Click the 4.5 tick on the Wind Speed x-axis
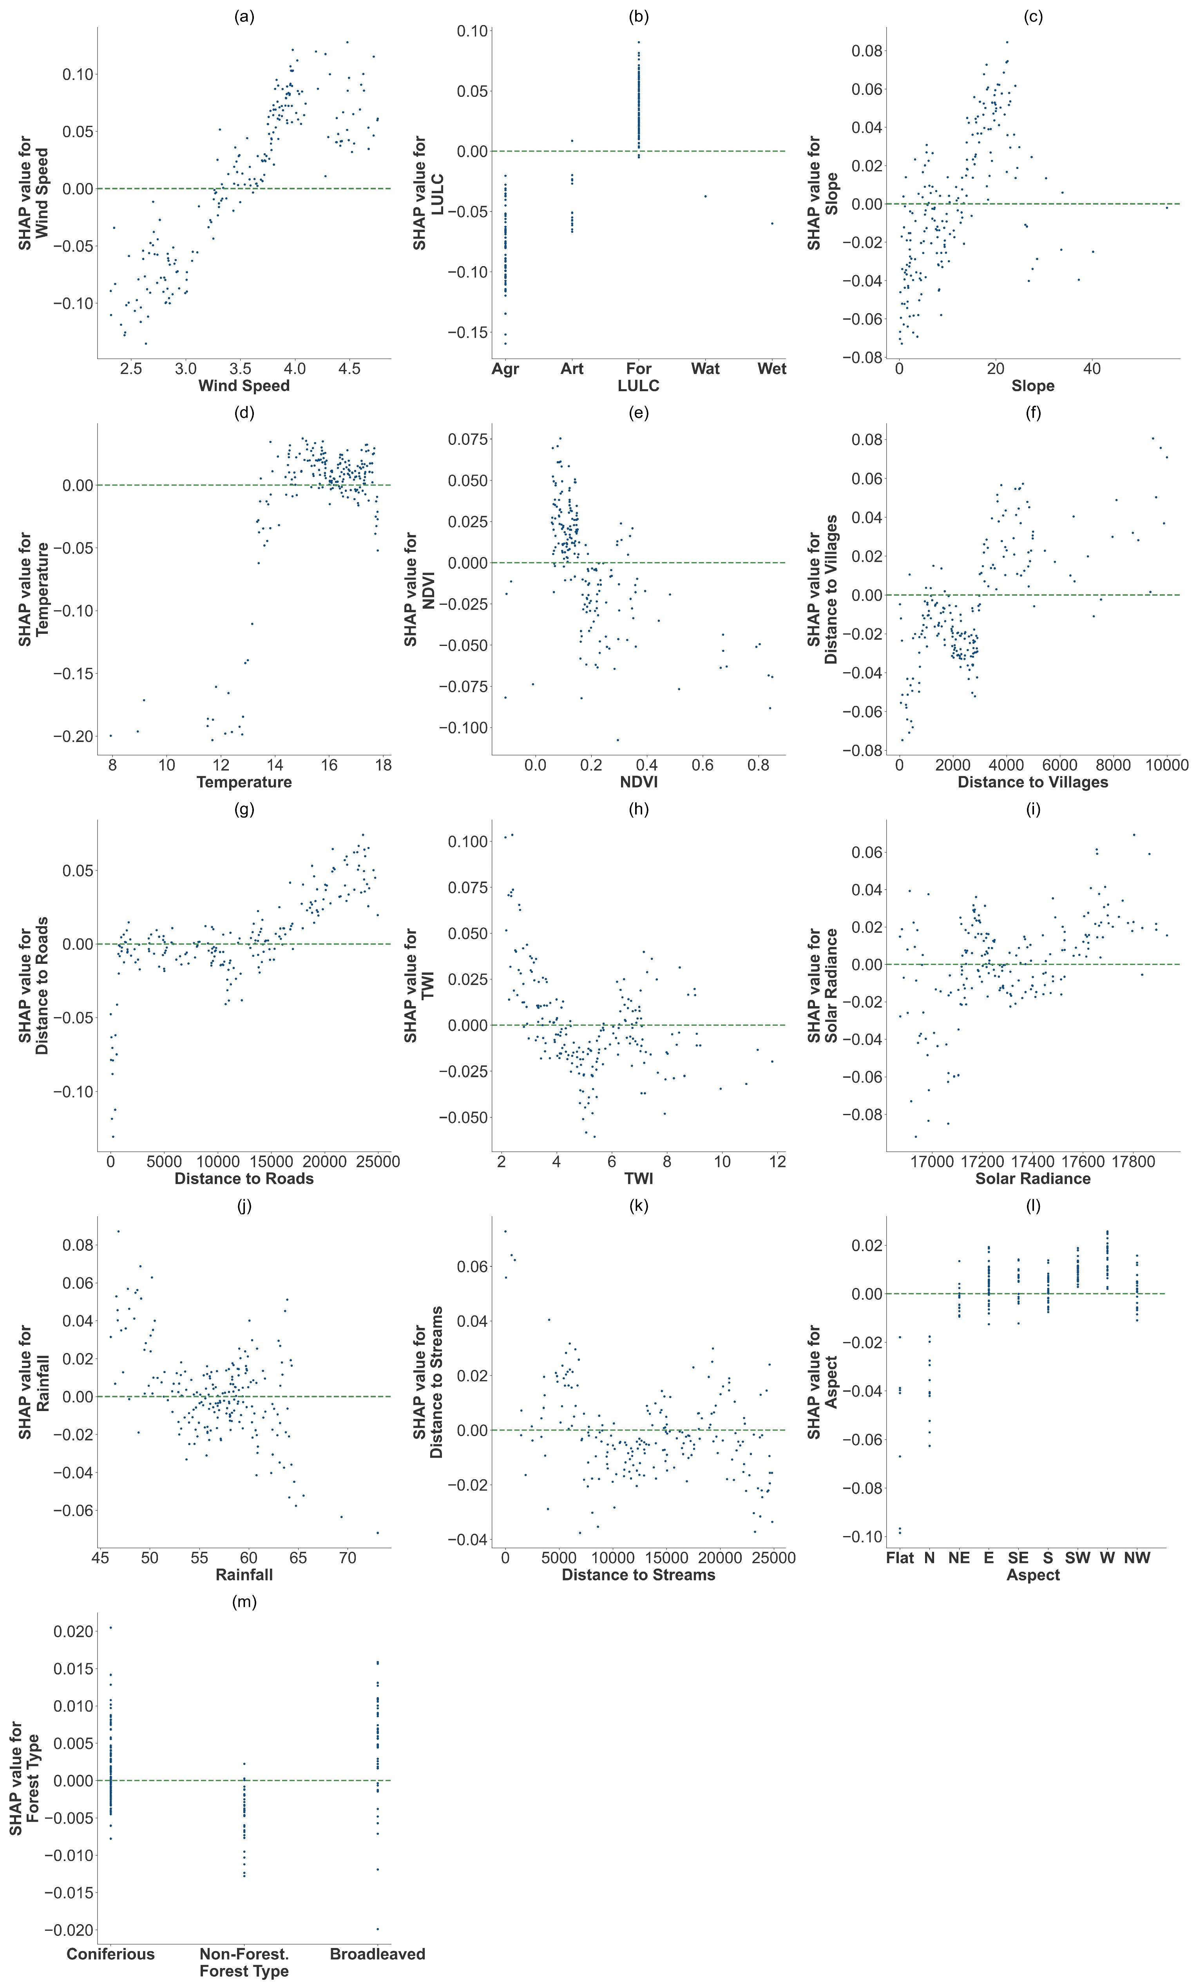coord(349,369)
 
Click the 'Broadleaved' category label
coord(377,1954)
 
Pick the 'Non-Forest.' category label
coord(244,1954)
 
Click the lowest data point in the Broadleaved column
coord(377,1929)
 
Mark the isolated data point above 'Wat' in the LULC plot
coord(705,196)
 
